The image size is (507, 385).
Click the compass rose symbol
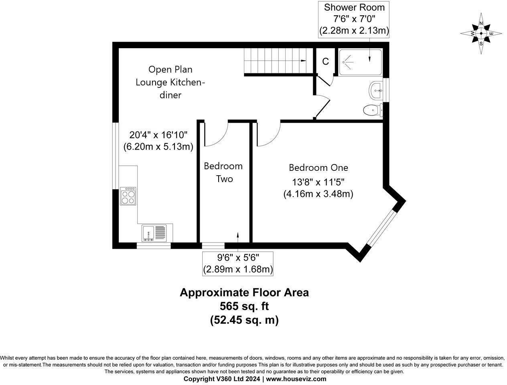click(481, 33)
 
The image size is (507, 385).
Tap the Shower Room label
click(354, 7)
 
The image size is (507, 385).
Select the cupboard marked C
click(325, 61)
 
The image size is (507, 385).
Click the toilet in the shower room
click(372, 109)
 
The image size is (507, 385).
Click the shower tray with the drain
click(360, 62)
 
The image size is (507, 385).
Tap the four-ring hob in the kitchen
click(128, 196)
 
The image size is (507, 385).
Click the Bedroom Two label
click(223, 172)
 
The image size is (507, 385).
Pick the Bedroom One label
click(318, 168)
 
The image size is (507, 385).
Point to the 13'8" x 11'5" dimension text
click(318, 182)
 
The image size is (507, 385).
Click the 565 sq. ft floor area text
click(244, 306)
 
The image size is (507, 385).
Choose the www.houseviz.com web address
click(296, 379)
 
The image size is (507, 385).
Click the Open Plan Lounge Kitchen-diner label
click(170, 82)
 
